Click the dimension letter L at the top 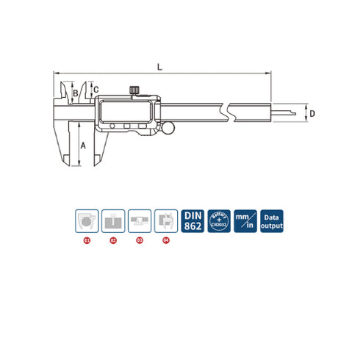pos(159,68)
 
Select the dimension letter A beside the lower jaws pos(82,145)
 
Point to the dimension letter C pos(96,88)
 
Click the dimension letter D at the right pos(312,114)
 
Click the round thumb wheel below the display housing pos(170,130)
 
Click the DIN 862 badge pos(192,220)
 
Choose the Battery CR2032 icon pos(219,220)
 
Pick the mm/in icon pos(245,220)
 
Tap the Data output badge pos(272,220)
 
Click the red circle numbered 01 pos(87,240)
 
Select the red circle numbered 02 pos(113,240)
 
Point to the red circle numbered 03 pos(140,240)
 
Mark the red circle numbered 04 pos(165,240)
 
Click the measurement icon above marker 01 pos(87,220)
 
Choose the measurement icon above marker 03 pos(140,220)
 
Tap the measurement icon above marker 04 pos(165,220)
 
